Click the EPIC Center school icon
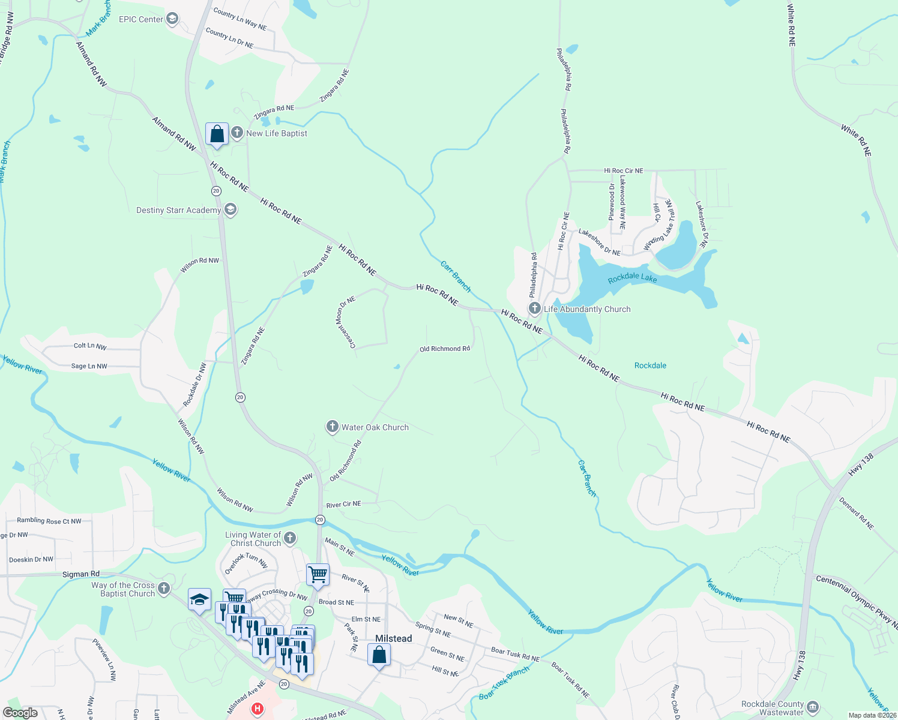pyautogui.click(x=172, y=19)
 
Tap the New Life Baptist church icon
pyautogui.click(x=237, y=133)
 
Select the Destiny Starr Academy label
pyautogui.click(x=178, y=210)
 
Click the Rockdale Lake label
pyautogui.click(x=632, y=278)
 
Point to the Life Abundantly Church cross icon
pyautogui.click(x=534, y=308)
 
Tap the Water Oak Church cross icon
pyautogui.click(x=332, y=427)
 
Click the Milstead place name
pyautogui.click(x=393, y=638)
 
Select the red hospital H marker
pyautogui.click(x=258, y=709)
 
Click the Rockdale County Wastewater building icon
pyautogui.click(x=813, y=707)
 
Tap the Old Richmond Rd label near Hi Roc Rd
pyautogui.click(x=444, y=349)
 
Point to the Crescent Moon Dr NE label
pyautogui.click(x=346, y=322)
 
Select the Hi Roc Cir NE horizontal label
pyautogui.click(x=623, y=171)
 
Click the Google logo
pyautogui.click(x=21, y=713)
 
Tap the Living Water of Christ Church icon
pyautogui.click(x=290, y=538)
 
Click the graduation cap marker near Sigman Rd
pyautogui.click(x=199, y=599)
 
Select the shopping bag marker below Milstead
pyautogui.click(x=379, y=655)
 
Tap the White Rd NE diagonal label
pyautogui.click(x=855, y=141)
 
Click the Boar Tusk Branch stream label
pyautogui.click(x=504, y=683)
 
